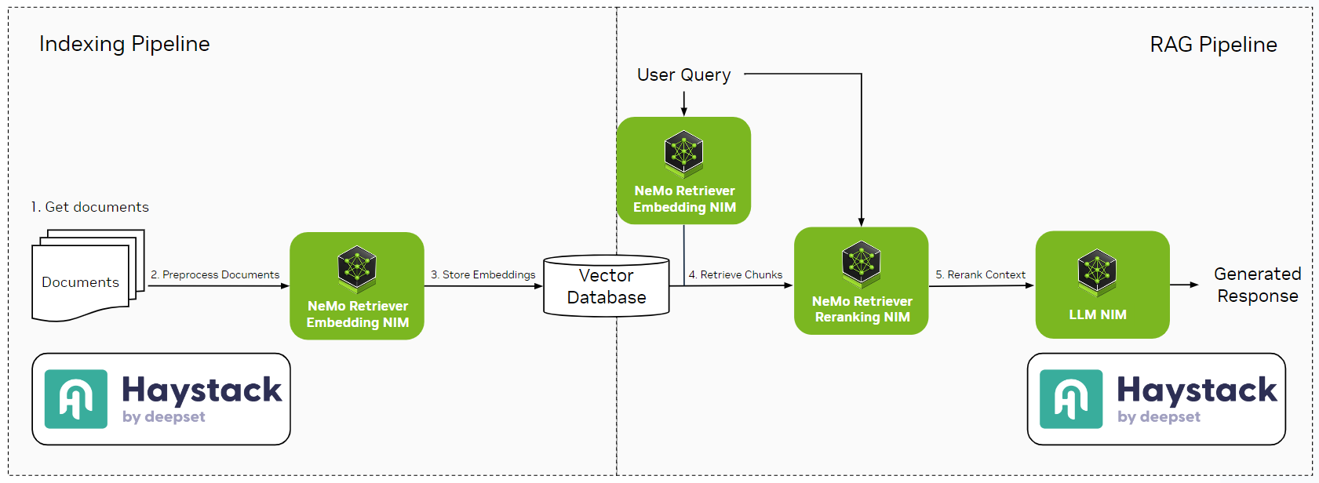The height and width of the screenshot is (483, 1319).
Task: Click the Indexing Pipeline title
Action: [124, 44]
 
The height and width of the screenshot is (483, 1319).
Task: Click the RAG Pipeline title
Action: [1213, 45]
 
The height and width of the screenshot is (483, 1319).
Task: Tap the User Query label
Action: [683, 75]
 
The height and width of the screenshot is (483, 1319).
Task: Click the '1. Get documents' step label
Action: [89, 207]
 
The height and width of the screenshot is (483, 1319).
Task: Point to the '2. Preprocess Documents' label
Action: [215, 274]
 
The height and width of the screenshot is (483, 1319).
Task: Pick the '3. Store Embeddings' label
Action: [483, 274]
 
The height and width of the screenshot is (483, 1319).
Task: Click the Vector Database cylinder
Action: [607, 286]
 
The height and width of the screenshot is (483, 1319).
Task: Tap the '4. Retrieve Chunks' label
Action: [735, 274]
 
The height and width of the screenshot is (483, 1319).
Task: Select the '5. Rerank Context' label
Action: [980, 274]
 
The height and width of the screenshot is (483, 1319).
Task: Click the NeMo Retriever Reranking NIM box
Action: [862, 281]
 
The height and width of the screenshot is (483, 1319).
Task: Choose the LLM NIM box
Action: [1102, 285]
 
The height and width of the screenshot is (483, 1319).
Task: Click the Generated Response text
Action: [1257, 285]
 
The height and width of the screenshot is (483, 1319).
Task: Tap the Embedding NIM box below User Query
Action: [683, 170]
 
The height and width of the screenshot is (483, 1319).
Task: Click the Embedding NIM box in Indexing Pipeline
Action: [357, 285]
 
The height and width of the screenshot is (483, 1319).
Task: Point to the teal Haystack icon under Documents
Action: [76, 399]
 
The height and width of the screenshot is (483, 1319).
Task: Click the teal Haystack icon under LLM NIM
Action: [1071, 399]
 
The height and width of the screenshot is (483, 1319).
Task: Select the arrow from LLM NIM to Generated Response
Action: [1184, 285]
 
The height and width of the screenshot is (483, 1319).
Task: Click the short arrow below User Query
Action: [684, 103]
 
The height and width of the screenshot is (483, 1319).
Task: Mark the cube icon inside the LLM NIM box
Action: [1097, 271]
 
